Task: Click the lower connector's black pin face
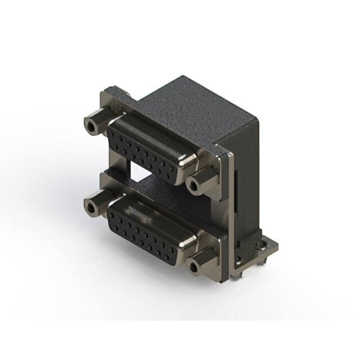pos(147,231)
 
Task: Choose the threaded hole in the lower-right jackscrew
pos(195,267)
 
